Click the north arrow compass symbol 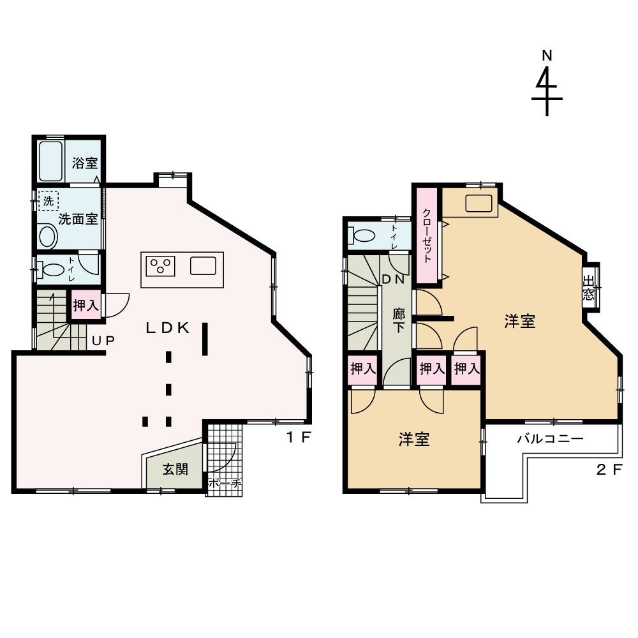coord(547,84)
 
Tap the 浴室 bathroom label coord(85,163)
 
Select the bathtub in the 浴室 coord(51,161)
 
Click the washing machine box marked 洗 coord(48,201)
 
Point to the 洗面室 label coord(78,219)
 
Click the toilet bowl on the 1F coord(50,270)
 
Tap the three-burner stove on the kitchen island coord(160,266)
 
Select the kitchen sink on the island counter coord(203,265)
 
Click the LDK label coord(168,328)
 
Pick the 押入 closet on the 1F coord(86,306)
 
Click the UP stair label coord(103,341)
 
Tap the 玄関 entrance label coord(175,470)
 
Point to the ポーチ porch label coord(225,484)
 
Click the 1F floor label coord(299,438)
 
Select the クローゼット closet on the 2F coord(426,235)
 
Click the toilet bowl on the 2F coord(361,235)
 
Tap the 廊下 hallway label coord(399,320)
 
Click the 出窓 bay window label coord(588,288)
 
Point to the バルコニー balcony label coord(551,439)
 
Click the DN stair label coord(393,279)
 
